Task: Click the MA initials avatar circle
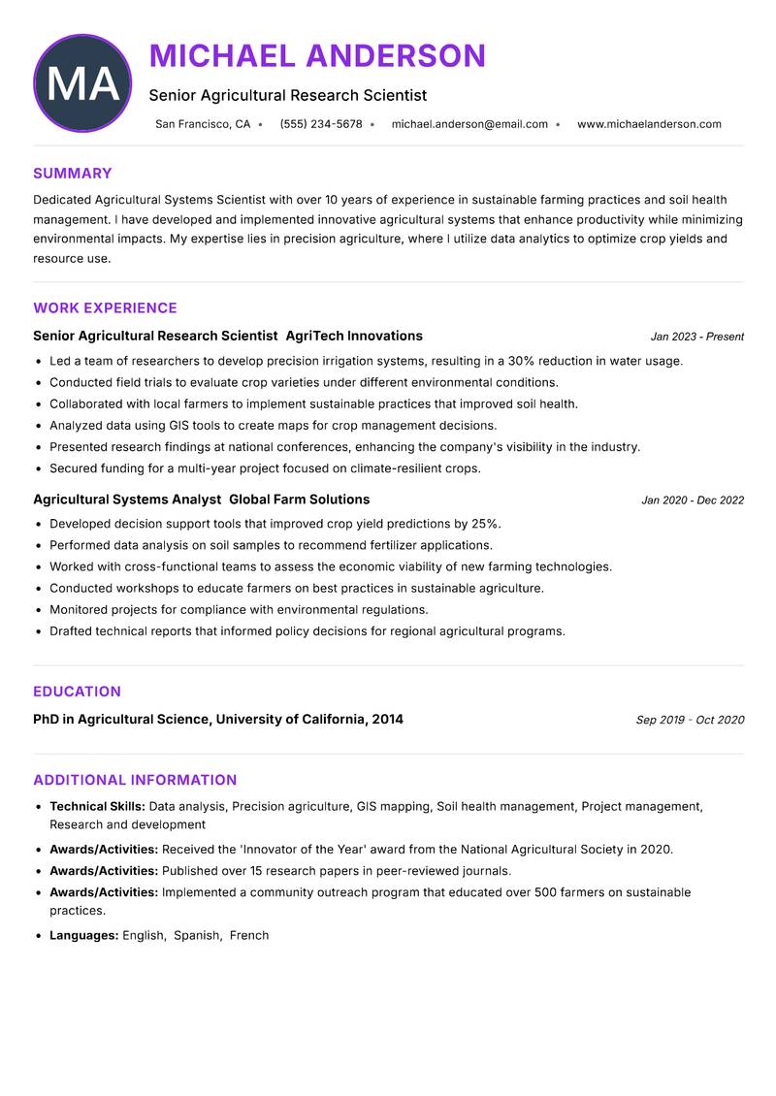click(x=82, y=83)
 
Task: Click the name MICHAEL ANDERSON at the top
click(x=317, y=56)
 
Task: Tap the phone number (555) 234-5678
click(x=320, y=124)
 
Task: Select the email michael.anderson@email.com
click(x=469, y=124)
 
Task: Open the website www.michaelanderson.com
click(x=649, y=124)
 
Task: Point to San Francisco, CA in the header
click(x=203, y=124)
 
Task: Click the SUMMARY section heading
click(x=73, y=174)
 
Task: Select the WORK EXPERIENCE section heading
click(x=105, y=308)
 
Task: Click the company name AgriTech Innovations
click(x=354, y=336)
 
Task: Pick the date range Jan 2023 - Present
click(x=696, y=337)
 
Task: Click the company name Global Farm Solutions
click(x=299, y=500)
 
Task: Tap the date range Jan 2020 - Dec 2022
click(x=692, y=500)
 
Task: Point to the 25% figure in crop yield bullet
click(x=485, y=524)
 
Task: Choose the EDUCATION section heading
click(x=77, y=692)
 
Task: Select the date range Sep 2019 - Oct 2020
click(x=690, y=720)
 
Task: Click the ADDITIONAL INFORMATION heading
click(x=135, y=780)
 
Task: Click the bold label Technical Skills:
click(x=97, y=806)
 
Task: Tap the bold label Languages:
click(x=83, y=935)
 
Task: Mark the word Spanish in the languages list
click(x=196, y=935)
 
